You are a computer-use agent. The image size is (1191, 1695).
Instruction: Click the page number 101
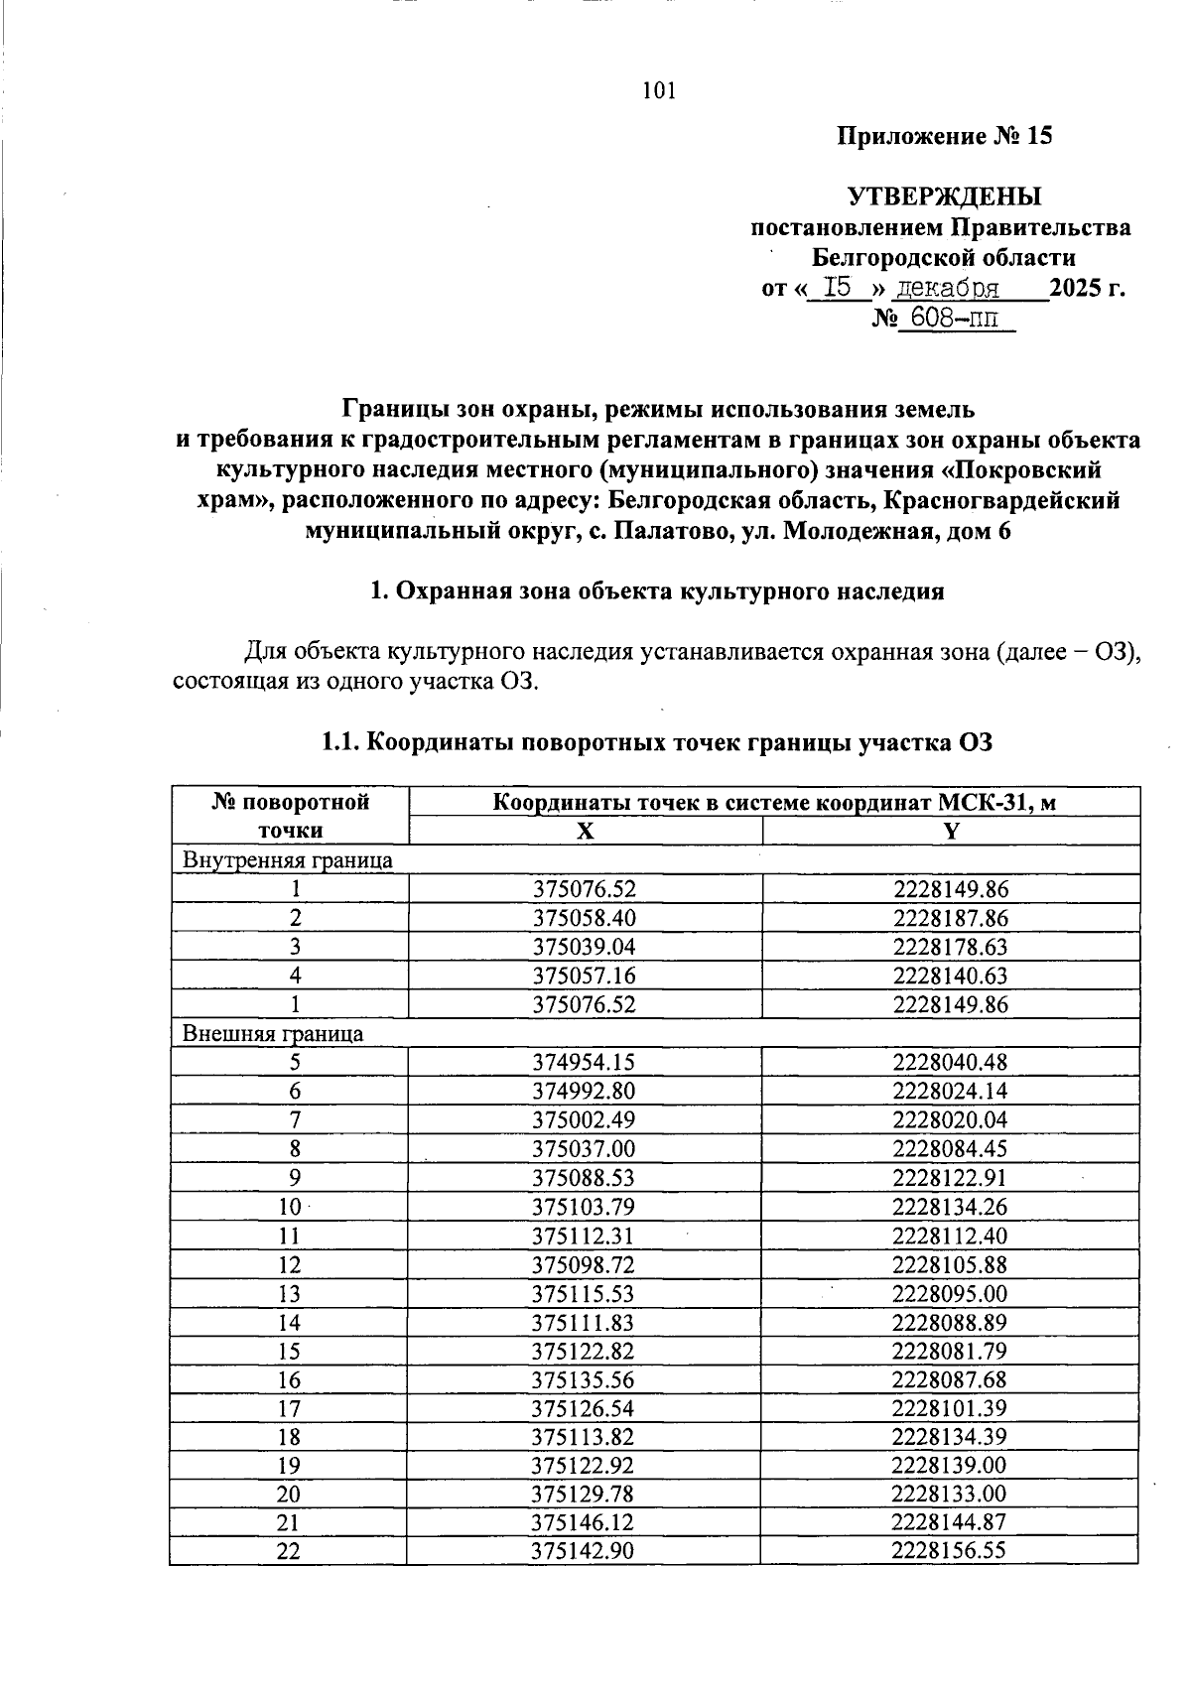click(659, 91)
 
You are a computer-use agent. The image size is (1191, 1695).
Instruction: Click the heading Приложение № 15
click(944, 136)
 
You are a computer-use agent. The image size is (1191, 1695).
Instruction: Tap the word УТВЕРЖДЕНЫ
click(944, 196)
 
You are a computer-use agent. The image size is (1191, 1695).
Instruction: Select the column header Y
click(951, 832)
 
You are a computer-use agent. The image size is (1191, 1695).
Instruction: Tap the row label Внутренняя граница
click(288, 860)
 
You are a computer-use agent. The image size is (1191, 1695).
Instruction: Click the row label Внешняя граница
click(273, 1033)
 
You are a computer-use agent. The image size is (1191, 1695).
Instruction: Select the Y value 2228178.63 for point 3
click(950, 947)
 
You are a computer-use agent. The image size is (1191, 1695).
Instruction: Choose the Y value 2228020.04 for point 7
click(950, 1119)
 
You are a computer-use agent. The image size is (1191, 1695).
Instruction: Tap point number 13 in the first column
click(289, 1293)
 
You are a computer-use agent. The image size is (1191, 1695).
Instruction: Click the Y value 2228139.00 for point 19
click(950, 1466)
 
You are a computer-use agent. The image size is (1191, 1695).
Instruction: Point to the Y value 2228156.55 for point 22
click(950, 1552)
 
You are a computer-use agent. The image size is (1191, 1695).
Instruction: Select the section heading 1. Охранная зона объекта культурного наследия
click(656, 592)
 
